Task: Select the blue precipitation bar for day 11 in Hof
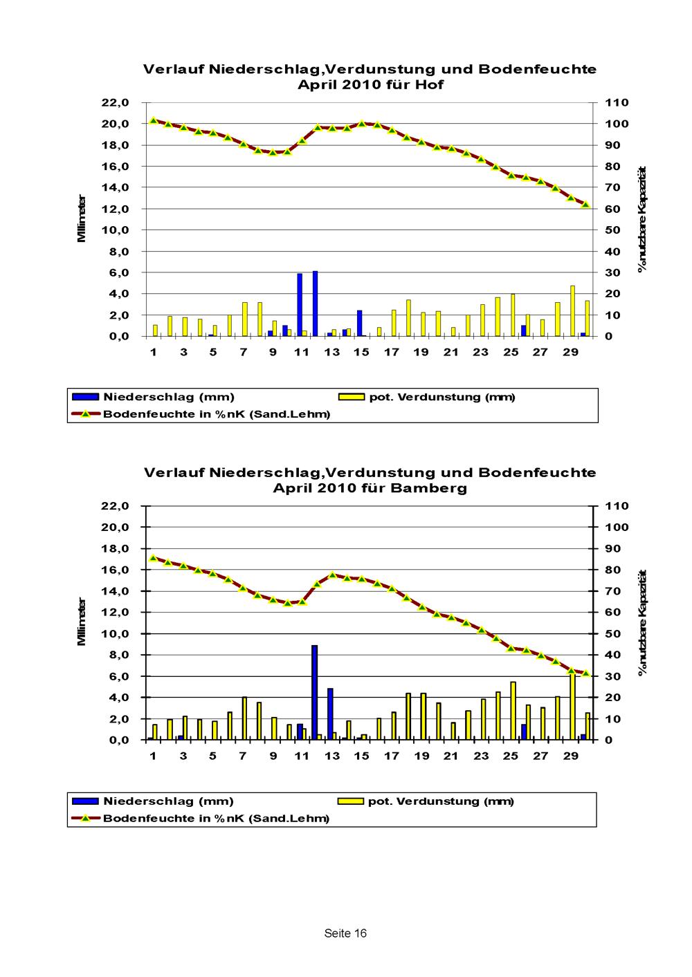point(300,304)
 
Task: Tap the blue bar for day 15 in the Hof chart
point(359,323)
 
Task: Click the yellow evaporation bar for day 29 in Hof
point(572,311)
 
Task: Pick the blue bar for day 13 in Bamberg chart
point(330,714)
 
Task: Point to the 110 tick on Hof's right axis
point(617,102)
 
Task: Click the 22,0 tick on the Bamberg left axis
point(115,506)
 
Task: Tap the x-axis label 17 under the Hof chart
point(391,352)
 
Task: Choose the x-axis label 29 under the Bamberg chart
point(570,756)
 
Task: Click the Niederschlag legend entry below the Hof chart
point(153,397)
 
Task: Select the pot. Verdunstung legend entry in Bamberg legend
point(426,801)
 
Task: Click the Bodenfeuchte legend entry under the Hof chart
point(201,414)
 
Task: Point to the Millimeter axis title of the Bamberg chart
point(81,622)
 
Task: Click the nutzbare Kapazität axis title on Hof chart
point(641,219)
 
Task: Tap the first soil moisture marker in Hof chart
point(153,120)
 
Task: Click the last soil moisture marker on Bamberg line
point(586,673)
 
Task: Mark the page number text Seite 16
point(345,933)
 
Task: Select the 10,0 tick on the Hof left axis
point(115,230)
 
